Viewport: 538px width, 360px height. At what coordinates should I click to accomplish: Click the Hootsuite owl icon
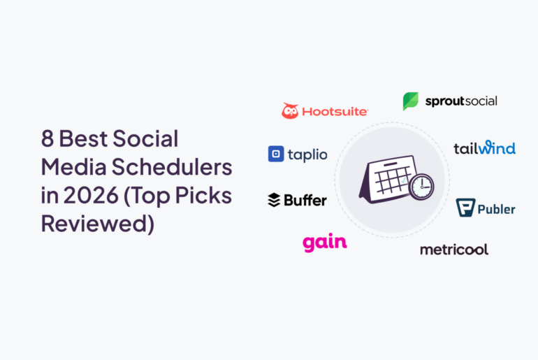[x=290, y=110]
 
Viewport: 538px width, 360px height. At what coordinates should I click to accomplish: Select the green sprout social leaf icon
[x=410, y=101]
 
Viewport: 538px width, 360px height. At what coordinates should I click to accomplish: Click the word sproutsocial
[x=461, y=101]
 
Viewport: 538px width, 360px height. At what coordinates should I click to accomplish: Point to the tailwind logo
[x=484, y=147]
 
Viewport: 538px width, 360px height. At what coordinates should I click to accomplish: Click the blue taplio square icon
[x=275, y=154]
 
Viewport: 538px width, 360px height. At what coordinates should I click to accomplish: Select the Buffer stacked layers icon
[x=274, y=201]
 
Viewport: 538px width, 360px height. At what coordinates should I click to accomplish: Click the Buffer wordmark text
[x=305, y=201]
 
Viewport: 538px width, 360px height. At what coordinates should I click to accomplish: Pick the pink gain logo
[x=324, y=243]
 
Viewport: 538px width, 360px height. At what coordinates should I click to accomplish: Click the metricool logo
[x=453, y=250]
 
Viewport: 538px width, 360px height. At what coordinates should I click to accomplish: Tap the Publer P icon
[x=465, y=208]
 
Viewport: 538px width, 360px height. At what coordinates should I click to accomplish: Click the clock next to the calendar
[x=421, y=187]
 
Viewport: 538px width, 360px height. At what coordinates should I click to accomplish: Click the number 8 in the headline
[x=47, y=139]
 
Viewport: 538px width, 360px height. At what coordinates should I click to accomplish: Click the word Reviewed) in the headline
[x=96, y=225]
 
